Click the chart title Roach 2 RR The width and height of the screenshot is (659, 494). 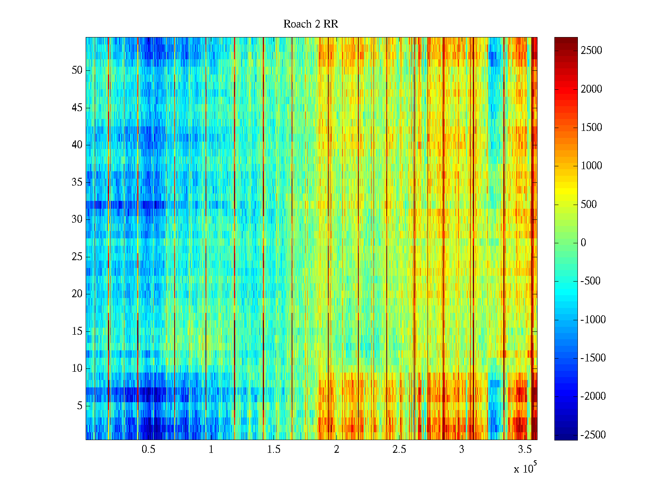(x=311, y=24)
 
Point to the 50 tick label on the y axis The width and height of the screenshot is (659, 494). (x=77, y=70)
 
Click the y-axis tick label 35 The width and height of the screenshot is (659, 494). (x=77, y=182)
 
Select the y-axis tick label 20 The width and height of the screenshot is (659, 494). (x=77, y=294)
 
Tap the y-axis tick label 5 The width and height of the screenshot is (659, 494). (x=79, y=406)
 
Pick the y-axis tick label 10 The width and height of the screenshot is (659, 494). (x=77, y=368)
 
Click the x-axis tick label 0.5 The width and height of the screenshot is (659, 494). (x=148, y=450)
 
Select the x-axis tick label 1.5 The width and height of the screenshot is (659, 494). (x=274, y=450)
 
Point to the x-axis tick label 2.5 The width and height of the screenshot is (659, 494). (x=399, y=450)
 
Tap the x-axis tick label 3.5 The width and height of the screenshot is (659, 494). (x=524, y=450)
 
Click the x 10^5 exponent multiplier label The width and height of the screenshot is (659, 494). (x=525, y=468)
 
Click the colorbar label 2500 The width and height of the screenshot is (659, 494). (x=591, y=51)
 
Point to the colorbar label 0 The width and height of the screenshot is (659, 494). (x=583, y=243)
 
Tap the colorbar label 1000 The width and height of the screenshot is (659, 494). (x=591, y=166)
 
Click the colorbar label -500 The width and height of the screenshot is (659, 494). (x=591, y=281)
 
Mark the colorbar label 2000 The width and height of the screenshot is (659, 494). (x=591, y=89)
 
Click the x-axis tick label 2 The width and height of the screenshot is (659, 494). (x=337, y=450)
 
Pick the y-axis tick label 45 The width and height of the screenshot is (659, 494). (x=77, y=108)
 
